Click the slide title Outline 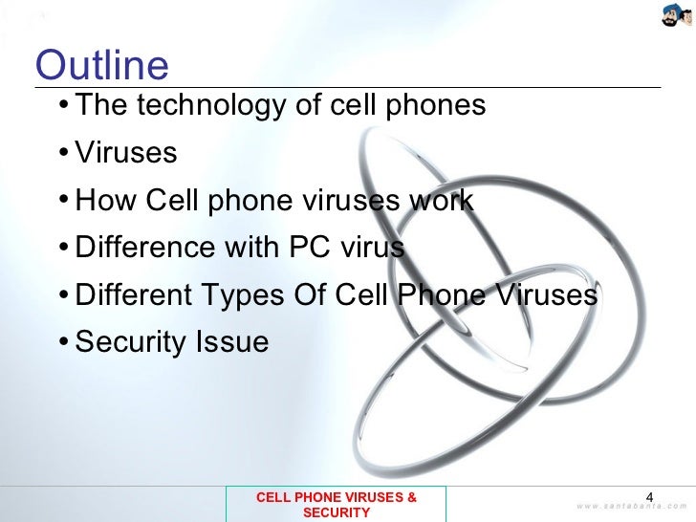101,66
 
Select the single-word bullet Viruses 126,153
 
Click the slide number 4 651,495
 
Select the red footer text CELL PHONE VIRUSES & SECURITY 336,505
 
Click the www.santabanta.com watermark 632,506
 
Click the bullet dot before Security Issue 62,342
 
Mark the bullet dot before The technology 62,106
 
